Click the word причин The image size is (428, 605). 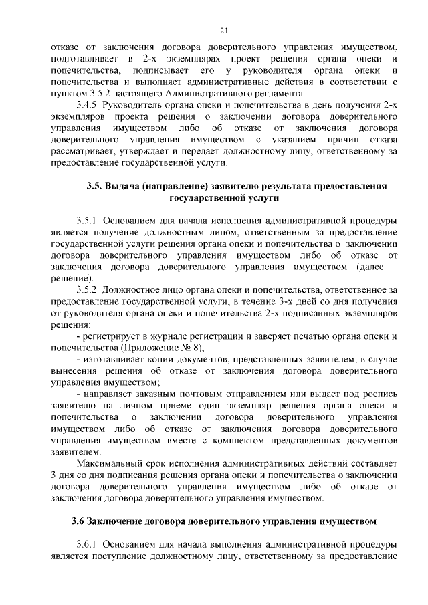[x=327, y=140]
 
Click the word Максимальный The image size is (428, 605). [x=113, y=463]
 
